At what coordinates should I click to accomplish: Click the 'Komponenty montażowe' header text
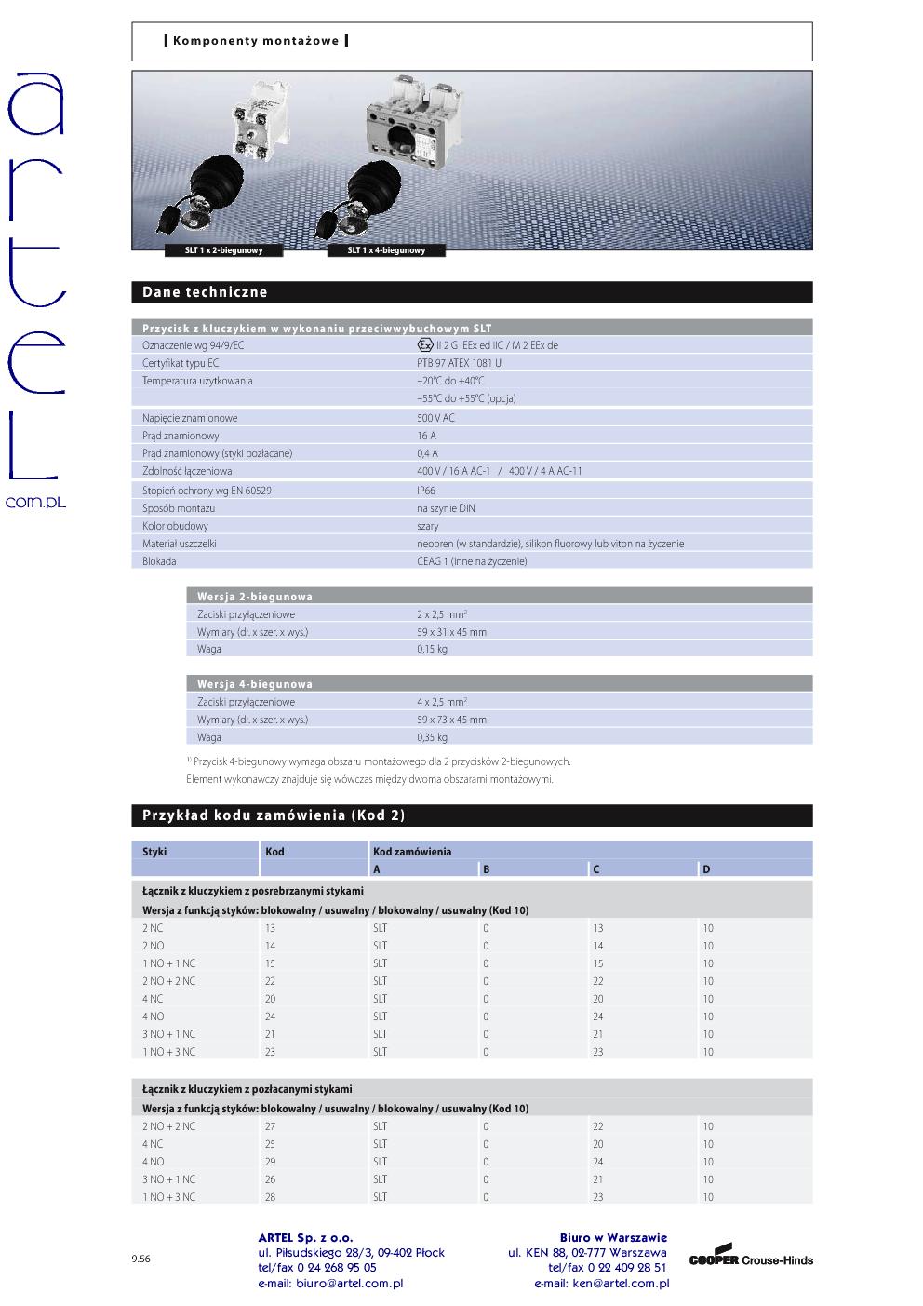coord(255,41)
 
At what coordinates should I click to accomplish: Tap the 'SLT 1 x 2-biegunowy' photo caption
coord(223,250)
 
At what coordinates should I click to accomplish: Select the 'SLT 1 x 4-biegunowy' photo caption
coord(386,250)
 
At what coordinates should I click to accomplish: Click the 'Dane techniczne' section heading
coord(205,292)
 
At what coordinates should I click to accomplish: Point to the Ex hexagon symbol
coord(425,344)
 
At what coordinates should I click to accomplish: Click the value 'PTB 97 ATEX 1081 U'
coord(459,363)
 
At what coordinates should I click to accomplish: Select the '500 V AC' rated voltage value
coord(435,418)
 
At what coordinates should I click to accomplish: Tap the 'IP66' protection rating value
coord(426,491)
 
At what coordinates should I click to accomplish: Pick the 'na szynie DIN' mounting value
coord(446,508)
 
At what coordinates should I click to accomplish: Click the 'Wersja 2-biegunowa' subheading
coord(254,597)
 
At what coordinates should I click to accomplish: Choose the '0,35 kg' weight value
coord(432,737)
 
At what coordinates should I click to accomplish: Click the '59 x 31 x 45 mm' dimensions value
coord(451,632)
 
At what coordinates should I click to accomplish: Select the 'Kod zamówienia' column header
coord(412,852)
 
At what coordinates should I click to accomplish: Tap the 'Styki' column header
coord(154,852)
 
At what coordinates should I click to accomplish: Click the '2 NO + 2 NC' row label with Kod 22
coord(168,981)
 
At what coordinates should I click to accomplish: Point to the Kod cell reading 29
coord(271,1162)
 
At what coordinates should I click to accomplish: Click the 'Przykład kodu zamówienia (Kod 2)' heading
coord(274,815)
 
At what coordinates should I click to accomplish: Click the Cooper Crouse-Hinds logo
coord(751,1258)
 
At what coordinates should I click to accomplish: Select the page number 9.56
coord(140,1259)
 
